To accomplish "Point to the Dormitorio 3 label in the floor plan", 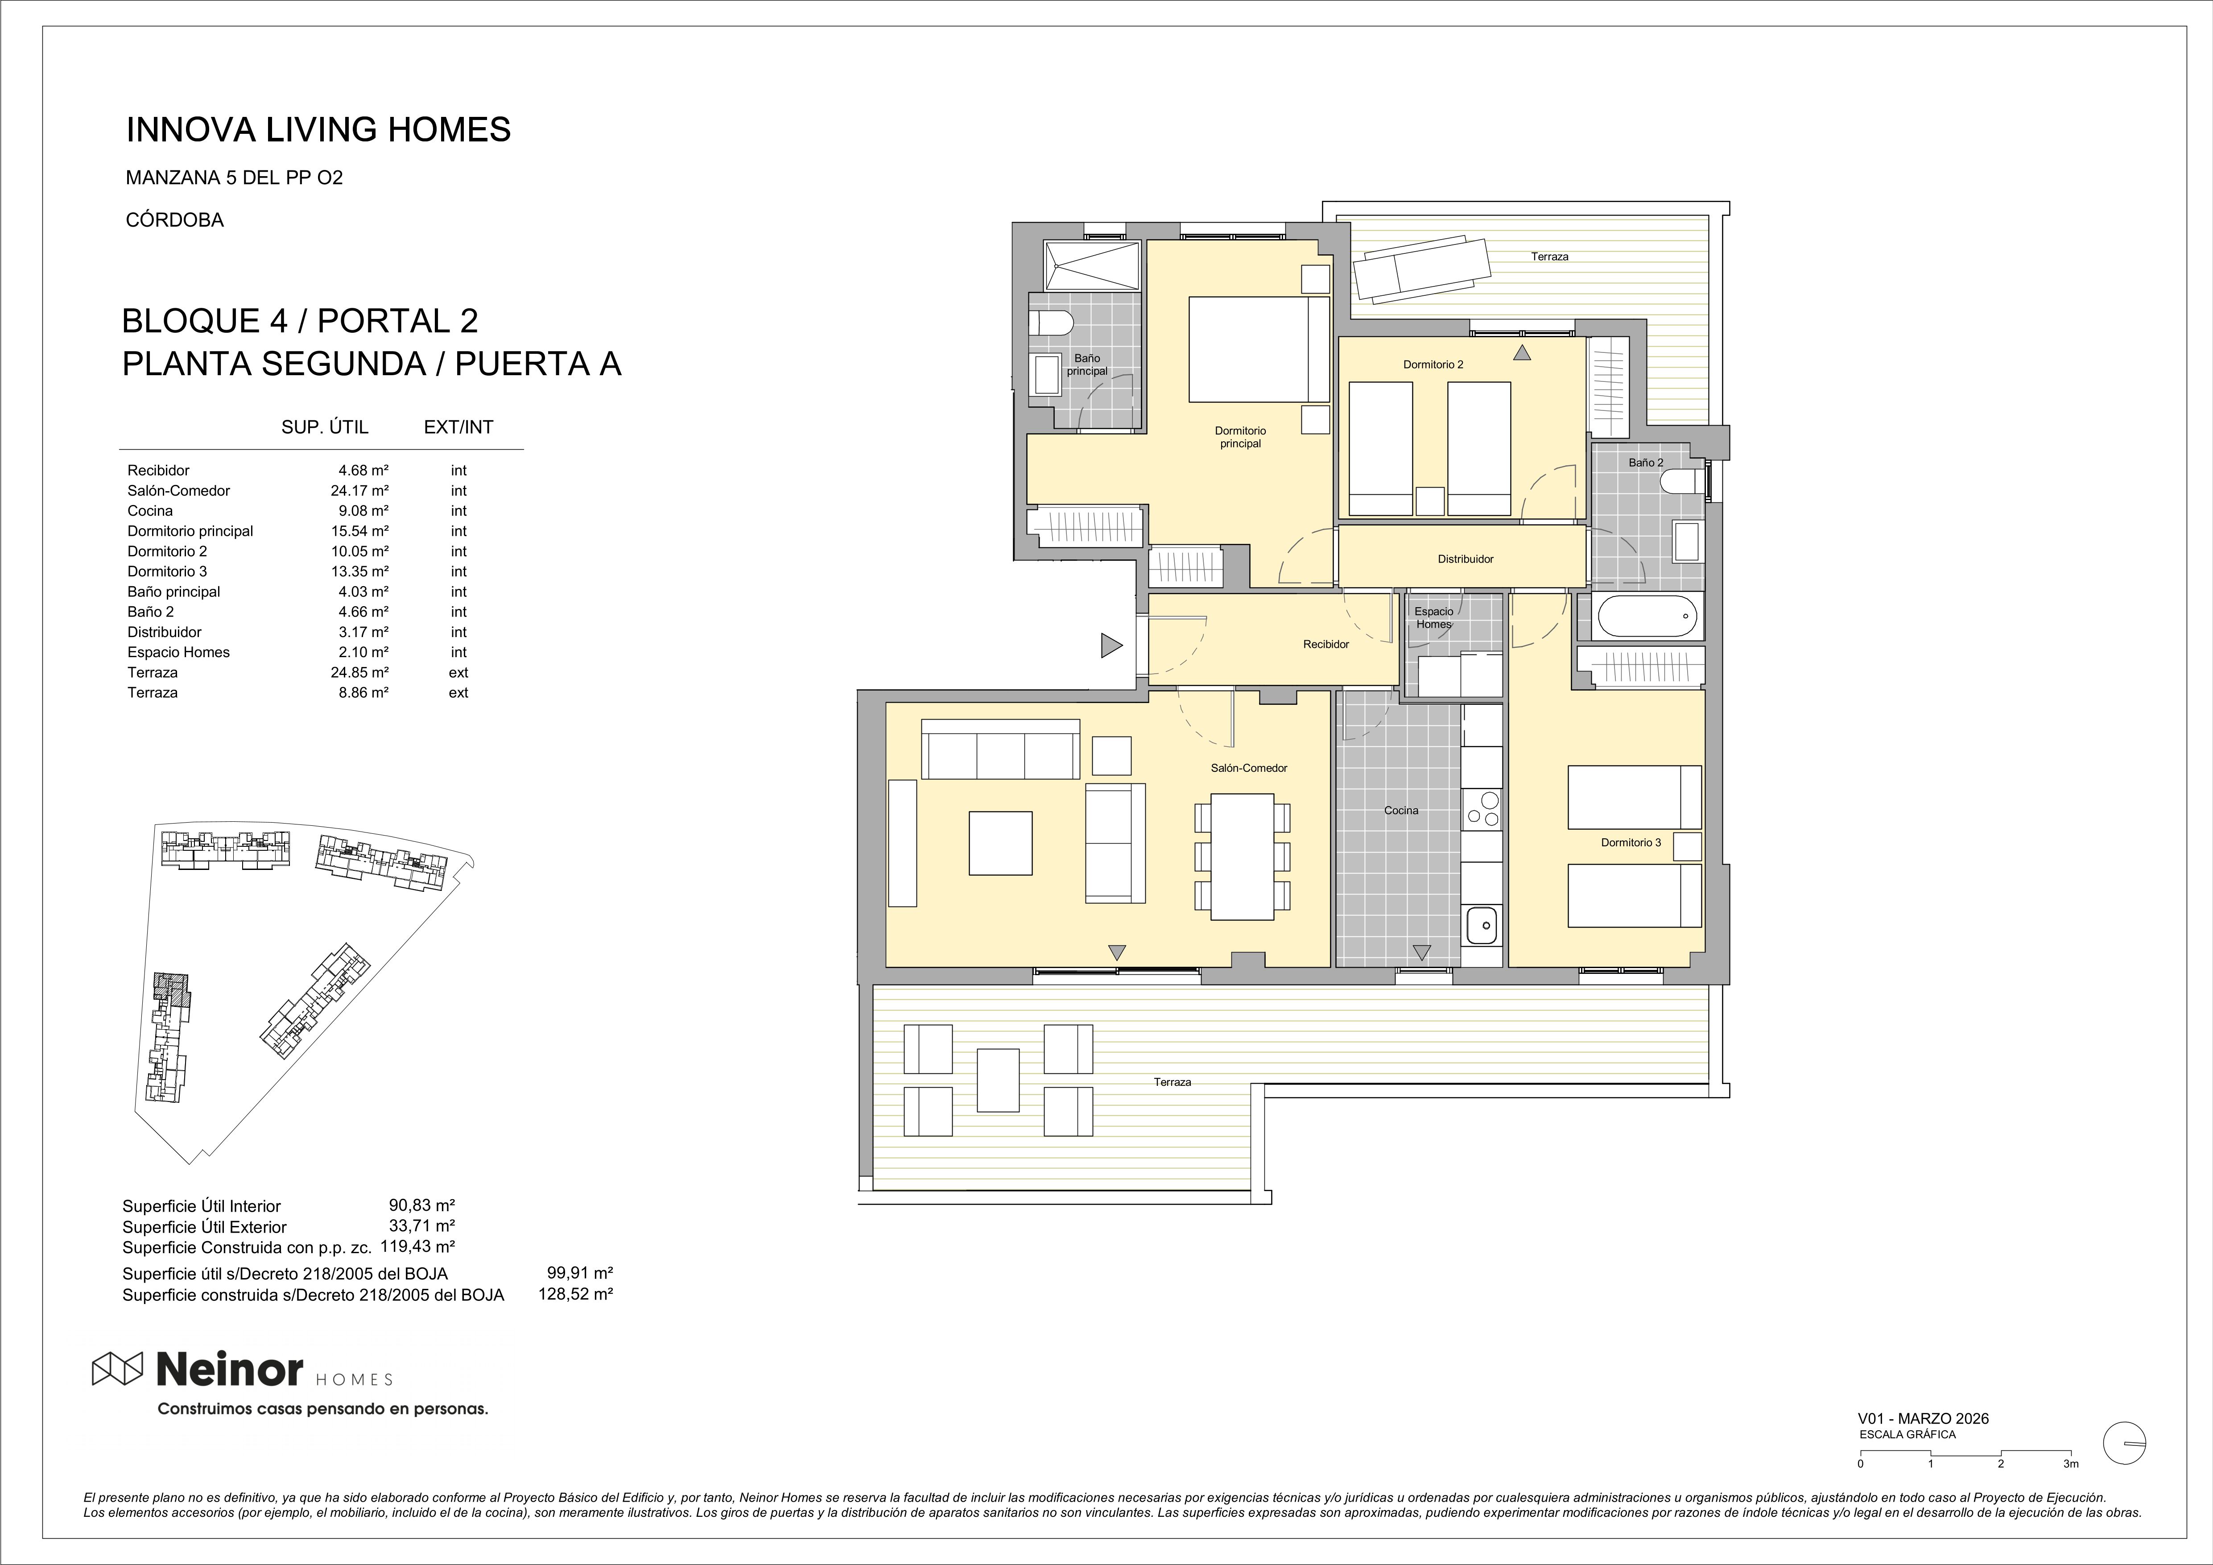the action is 1631,842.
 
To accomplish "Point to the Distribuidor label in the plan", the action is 1465,558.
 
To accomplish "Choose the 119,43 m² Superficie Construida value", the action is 417,1246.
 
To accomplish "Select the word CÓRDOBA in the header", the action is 174,220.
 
